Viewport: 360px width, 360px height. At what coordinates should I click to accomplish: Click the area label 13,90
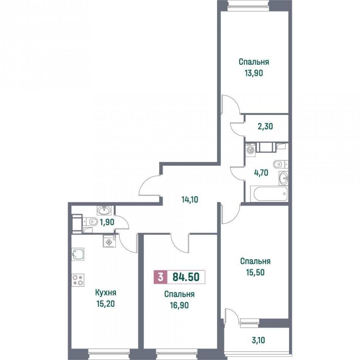click(254, 73)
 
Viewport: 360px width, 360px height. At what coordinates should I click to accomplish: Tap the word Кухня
click(106, 293)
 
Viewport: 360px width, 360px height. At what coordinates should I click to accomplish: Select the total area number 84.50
click(186, 277)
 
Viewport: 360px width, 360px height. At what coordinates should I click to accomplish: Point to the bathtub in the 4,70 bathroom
click(269, 194)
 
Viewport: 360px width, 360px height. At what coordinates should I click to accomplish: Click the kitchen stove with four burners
click(78, 280)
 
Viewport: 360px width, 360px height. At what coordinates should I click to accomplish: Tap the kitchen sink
click(78, 254)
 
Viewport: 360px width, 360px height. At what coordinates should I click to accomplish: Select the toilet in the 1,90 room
click(91, 222)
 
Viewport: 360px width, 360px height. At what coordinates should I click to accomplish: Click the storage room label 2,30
click(265, 126)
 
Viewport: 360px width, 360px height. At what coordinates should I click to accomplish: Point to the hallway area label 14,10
click(189, 200)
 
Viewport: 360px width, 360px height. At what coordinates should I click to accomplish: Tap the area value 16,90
click(179, 305)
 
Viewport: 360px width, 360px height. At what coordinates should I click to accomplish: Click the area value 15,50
click(255, 272)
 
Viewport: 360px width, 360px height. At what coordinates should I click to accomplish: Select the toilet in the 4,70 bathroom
click(280, 164)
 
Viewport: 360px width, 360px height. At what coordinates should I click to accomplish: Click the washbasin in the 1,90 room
click(105, 210)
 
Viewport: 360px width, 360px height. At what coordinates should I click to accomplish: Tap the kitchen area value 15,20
click(106, 304)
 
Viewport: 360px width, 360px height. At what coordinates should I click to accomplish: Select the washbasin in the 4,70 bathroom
click(283, 178)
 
